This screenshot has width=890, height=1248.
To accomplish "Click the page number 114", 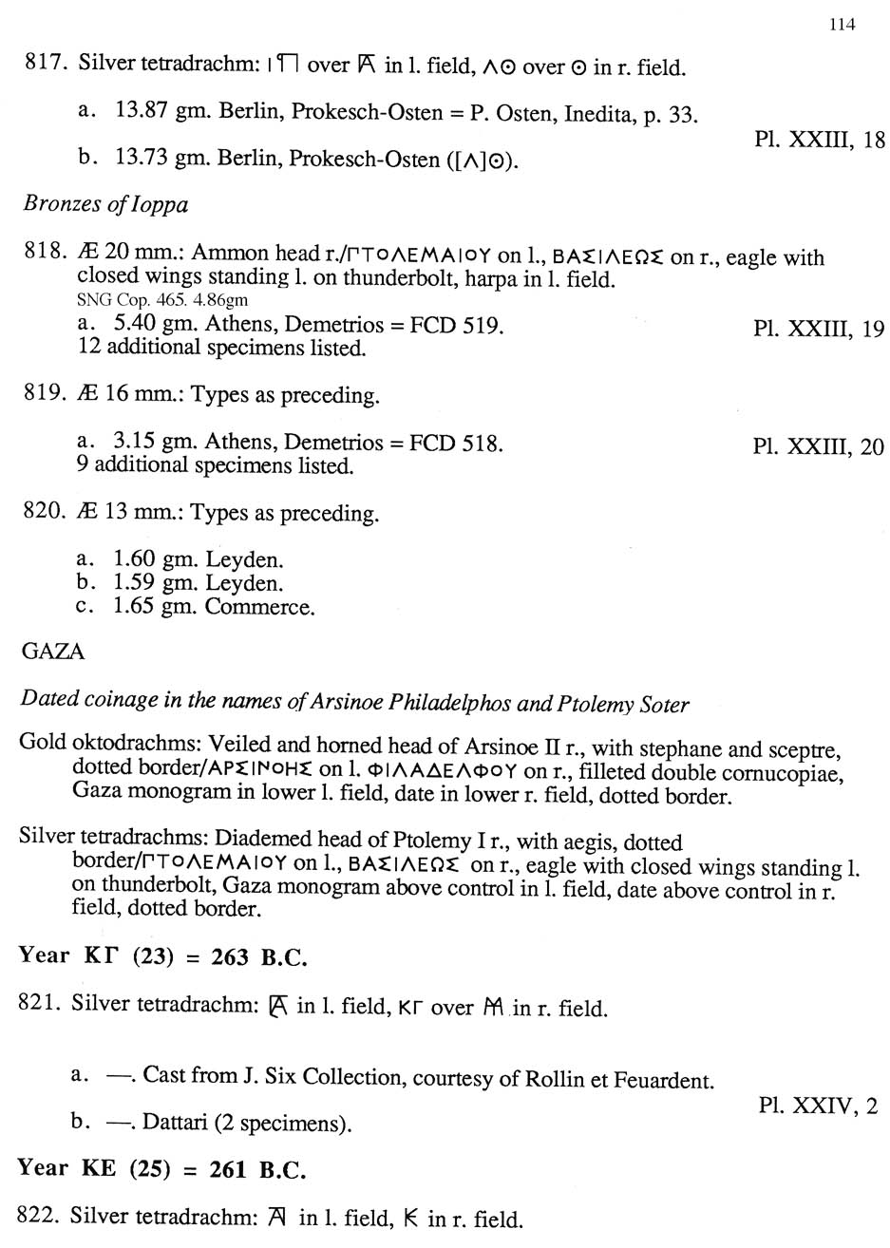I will click(841, 25).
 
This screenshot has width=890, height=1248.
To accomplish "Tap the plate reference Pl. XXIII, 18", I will click(819, 141).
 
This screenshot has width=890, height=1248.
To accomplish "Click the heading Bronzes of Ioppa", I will click(104, 204).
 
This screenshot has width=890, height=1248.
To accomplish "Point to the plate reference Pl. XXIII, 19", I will click(819, 329).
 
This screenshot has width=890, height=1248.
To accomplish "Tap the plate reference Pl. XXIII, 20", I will click(819, 445).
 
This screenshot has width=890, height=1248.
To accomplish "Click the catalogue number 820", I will click(42, 514).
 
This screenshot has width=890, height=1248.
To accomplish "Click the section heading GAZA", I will click(52, 652).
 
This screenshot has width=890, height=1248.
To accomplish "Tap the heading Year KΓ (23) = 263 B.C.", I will click(162, 956).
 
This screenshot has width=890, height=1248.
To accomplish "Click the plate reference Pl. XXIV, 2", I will click(819, 1106).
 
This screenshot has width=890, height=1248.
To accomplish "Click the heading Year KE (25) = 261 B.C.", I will click(162, 1168).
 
